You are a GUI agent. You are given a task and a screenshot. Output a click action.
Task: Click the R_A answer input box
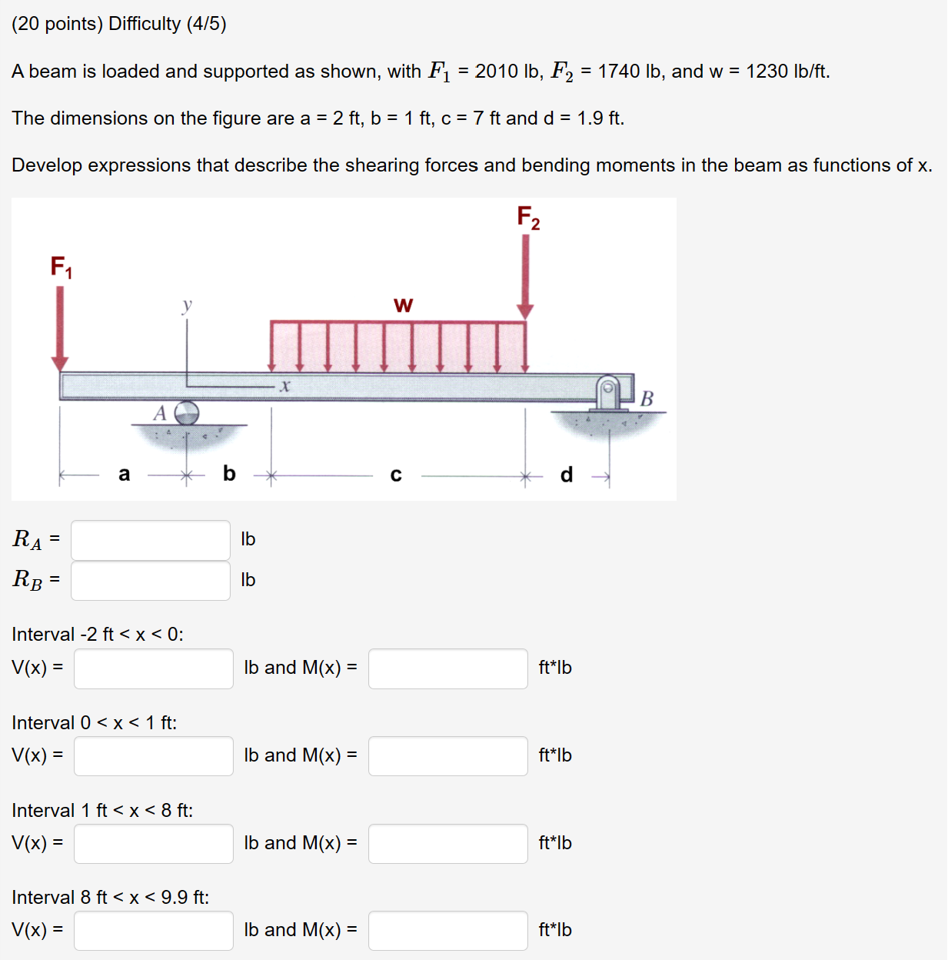[x=151, y=540]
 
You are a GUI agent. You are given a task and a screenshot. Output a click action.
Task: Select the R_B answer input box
[x=151, y=581]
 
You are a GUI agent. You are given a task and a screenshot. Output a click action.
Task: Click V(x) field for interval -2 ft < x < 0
[x=154, y=668]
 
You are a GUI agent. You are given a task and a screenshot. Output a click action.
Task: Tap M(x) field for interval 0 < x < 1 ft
[x=447, y=756]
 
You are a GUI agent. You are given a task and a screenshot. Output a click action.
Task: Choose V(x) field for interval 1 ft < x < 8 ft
[x=154, y=844]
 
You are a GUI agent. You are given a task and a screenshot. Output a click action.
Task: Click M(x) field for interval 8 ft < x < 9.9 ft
[x=447, y=931]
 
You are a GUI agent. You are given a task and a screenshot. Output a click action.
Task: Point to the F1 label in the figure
[x=62, y=267]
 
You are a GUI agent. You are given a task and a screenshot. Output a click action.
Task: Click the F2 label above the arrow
[x=528, y=218]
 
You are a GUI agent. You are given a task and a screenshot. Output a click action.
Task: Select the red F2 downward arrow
[x=525, y=275]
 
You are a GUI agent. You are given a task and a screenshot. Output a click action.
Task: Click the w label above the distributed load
[x=403, y=305]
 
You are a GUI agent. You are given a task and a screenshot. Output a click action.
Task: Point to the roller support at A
[x=186, y=413]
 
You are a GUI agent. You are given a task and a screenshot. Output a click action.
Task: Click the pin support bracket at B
[x=609, y=392]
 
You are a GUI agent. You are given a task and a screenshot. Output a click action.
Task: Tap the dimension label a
[x=124, y=474]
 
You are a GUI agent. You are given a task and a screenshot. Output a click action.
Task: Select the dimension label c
[x=396, y=475]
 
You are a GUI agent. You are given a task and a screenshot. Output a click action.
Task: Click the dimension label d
[x=567, y=475]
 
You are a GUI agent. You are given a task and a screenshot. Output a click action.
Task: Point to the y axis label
[x=186, y=305]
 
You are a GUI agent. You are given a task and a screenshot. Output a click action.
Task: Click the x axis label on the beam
[x=284, y=385]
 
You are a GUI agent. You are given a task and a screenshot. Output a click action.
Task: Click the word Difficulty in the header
[x=145, y=24]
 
